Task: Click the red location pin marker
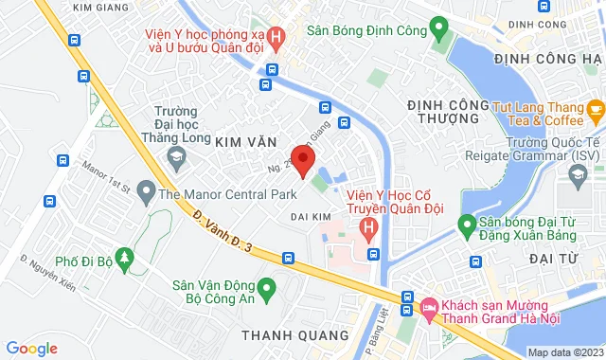coord(302,159)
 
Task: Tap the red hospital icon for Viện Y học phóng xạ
coord(276,40)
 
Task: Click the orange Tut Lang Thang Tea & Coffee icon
coord(594,106)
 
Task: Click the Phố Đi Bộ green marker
coord(127,263)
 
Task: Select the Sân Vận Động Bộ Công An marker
coord(266,286)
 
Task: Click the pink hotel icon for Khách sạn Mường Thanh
coord(429,307)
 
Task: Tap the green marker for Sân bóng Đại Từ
coord(466,225)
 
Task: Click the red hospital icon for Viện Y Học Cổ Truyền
coord(369,228)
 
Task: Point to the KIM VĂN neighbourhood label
coord(249,140)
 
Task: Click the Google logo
coord(30,349)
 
